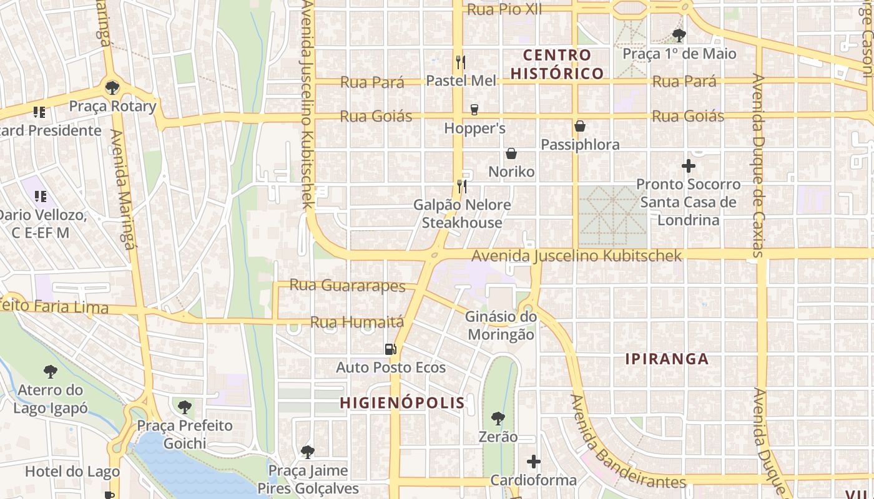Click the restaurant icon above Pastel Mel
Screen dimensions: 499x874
coord(461,62)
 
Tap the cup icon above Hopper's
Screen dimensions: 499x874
coord(474,110)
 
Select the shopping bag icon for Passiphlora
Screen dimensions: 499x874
coord(580,126)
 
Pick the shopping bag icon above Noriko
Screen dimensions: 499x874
coord(511,153)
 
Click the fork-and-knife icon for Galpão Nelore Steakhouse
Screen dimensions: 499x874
coord(462,186)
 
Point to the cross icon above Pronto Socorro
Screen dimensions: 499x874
coord(689,166)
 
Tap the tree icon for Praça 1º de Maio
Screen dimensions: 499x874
coord(679,35)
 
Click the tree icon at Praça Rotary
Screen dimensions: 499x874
coord(112,88)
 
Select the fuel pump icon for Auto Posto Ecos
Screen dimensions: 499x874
coord(391,349)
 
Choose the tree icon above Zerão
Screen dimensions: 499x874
coord(498,418)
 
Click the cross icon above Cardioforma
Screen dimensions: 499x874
coord(534,462)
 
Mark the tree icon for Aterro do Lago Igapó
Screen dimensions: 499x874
coord(51,372)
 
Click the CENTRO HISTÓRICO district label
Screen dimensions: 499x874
coord(557,64)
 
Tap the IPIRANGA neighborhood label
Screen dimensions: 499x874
coord(667,359)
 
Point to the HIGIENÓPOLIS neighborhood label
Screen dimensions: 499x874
coord(403,403)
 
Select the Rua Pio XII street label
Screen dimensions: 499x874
coord(504,9)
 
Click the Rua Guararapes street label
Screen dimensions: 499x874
coord(348,286)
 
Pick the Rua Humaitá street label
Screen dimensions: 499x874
coord(357,322)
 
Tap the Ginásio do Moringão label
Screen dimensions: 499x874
coord(501,326)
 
